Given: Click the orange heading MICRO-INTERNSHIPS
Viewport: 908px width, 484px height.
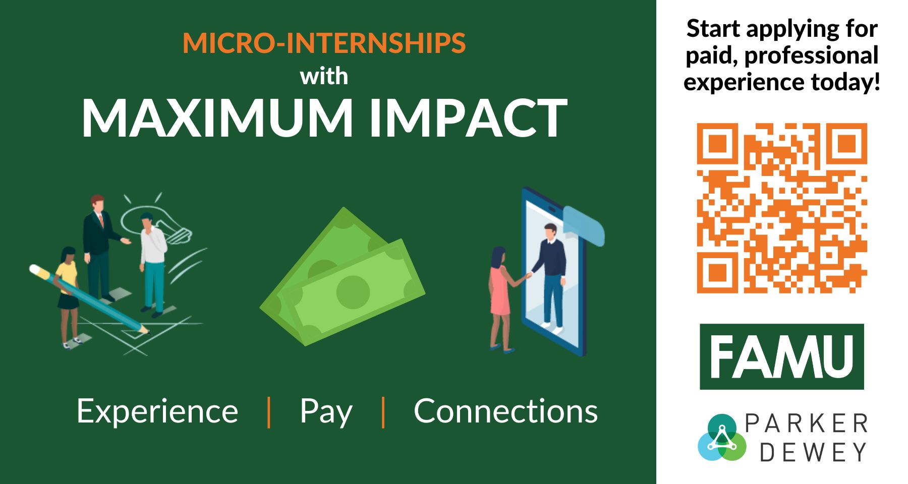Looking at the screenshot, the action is click(324, 43).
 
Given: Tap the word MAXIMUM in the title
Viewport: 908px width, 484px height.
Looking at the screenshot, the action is click(217, 118).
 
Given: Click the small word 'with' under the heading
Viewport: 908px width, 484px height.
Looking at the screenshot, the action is click(324, 76).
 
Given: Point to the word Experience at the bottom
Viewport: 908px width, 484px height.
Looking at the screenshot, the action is click(157, 412).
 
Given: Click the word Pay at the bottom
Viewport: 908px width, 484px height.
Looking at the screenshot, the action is click(326, 412).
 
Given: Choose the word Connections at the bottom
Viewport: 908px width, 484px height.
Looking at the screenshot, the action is click(505, 411).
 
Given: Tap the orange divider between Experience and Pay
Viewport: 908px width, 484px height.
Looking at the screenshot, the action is click(269, 412).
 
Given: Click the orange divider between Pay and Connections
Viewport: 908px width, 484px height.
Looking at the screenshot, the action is click(383, 412).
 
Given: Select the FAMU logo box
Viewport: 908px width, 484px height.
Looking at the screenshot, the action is click(781, 356).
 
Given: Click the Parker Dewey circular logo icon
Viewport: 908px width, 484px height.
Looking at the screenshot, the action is click(722, 438).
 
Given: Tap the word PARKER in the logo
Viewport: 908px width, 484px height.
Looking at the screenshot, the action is click(806, 423).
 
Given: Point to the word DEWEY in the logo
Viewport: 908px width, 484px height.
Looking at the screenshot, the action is click(813, 452).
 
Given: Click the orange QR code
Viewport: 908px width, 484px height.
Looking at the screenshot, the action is click(782, 208).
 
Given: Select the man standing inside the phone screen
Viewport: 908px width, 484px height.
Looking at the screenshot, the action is click(549, 277).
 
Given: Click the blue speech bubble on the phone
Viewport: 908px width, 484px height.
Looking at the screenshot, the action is click(584, 226).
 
